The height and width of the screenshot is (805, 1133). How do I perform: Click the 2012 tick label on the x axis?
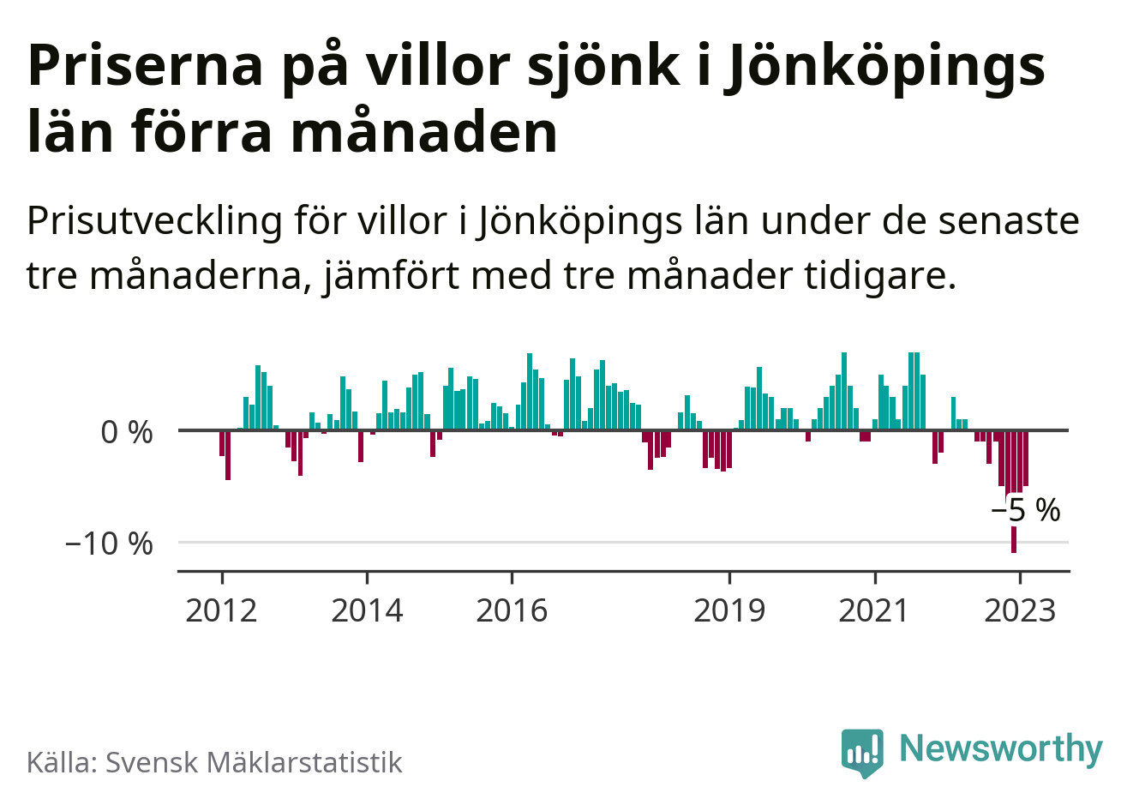(221, 610)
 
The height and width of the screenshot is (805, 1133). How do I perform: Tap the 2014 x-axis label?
(367, 610)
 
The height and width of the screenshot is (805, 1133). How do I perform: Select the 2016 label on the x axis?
(512, 610)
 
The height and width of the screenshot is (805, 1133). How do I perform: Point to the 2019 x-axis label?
(729, 610)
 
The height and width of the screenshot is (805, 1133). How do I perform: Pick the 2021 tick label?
(874, 610)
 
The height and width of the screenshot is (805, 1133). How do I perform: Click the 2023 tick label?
(1020, 610)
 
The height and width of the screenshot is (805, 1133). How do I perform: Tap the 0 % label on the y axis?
(127, 432)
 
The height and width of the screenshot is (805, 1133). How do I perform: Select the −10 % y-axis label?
(109, 543)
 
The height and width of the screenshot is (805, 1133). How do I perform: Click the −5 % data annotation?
(1026, 510)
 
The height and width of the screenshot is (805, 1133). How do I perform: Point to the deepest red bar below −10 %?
(1014, 540)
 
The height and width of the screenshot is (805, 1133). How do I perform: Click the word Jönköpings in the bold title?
(886, 65)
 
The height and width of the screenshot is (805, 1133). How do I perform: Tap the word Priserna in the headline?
(145, 65)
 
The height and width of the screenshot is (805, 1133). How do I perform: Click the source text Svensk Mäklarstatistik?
(254, 762)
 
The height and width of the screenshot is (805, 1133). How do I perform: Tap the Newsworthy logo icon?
(862, 752)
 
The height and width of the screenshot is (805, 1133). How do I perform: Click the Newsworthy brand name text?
(1001, 748)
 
